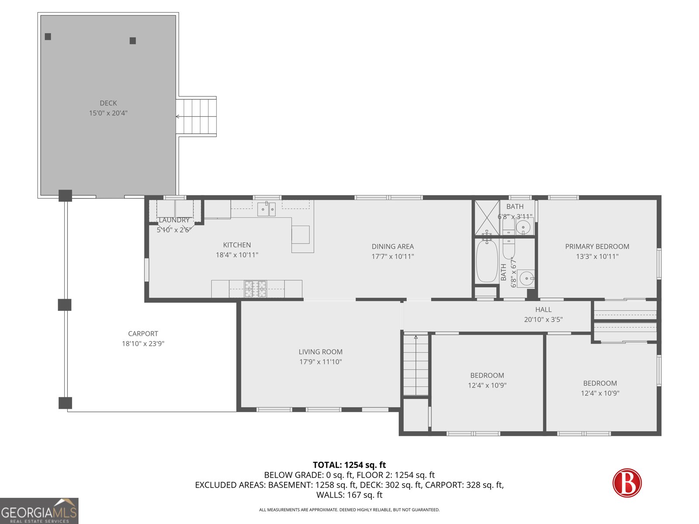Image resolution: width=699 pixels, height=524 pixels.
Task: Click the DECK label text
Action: [x=108, y=103]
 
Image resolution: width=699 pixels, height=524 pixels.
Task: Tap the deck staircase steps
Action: [x=196, y=117]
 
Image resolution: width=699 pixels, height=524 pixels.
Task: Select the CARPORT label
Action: [x=143, y=334]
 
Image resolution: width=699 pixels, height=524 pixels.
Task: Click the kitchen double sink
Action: [x=266, y=209]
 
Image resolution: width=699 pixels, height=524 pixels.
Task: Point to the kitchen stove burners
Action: [x=255, y=289]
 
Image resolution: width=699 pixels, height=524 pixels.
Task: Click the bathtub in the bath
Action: [x=487, y=261]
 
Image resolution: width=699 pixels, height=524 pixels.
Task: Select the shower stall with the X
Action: [x=487, y=218]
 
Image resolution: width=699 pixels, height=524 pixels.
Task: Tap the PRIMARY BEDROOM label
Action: [x=597, y=247]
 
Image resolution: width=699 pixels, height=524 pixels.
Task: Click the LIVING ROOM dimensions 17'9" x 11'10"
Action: [x=320, y=362]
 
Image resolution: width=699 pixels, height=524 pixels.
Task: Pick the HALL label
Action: [x=543, y=310]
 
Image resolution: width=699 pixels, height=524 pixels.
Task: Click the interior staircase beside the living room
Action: [x=416, y=365]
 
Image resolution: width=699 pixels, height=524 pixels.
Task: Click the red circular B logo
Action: [x=627, y=483]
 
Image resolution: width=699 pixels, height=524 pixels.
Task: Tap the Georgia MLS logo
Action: [x=39, y=511]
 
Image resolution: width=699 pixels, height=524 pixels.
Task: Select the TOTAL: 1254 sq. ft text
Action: [x=349, y=465]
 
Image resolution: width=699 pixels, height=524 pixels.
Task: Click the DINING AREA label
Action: [x=393, y=247]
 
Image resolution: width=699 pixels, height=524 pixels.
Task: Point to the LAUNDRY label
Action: [x=174, y=220]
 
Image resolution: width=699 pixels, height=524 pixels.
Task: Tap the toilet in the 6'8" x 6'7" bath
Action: [x=509, y=248]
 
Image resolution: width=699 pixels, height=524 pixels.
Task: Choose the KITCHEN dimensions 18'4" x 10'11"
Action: [x=237, y=255]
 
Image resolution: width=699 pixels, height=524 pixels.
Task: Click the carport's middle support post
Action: [x=65, y=305]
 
